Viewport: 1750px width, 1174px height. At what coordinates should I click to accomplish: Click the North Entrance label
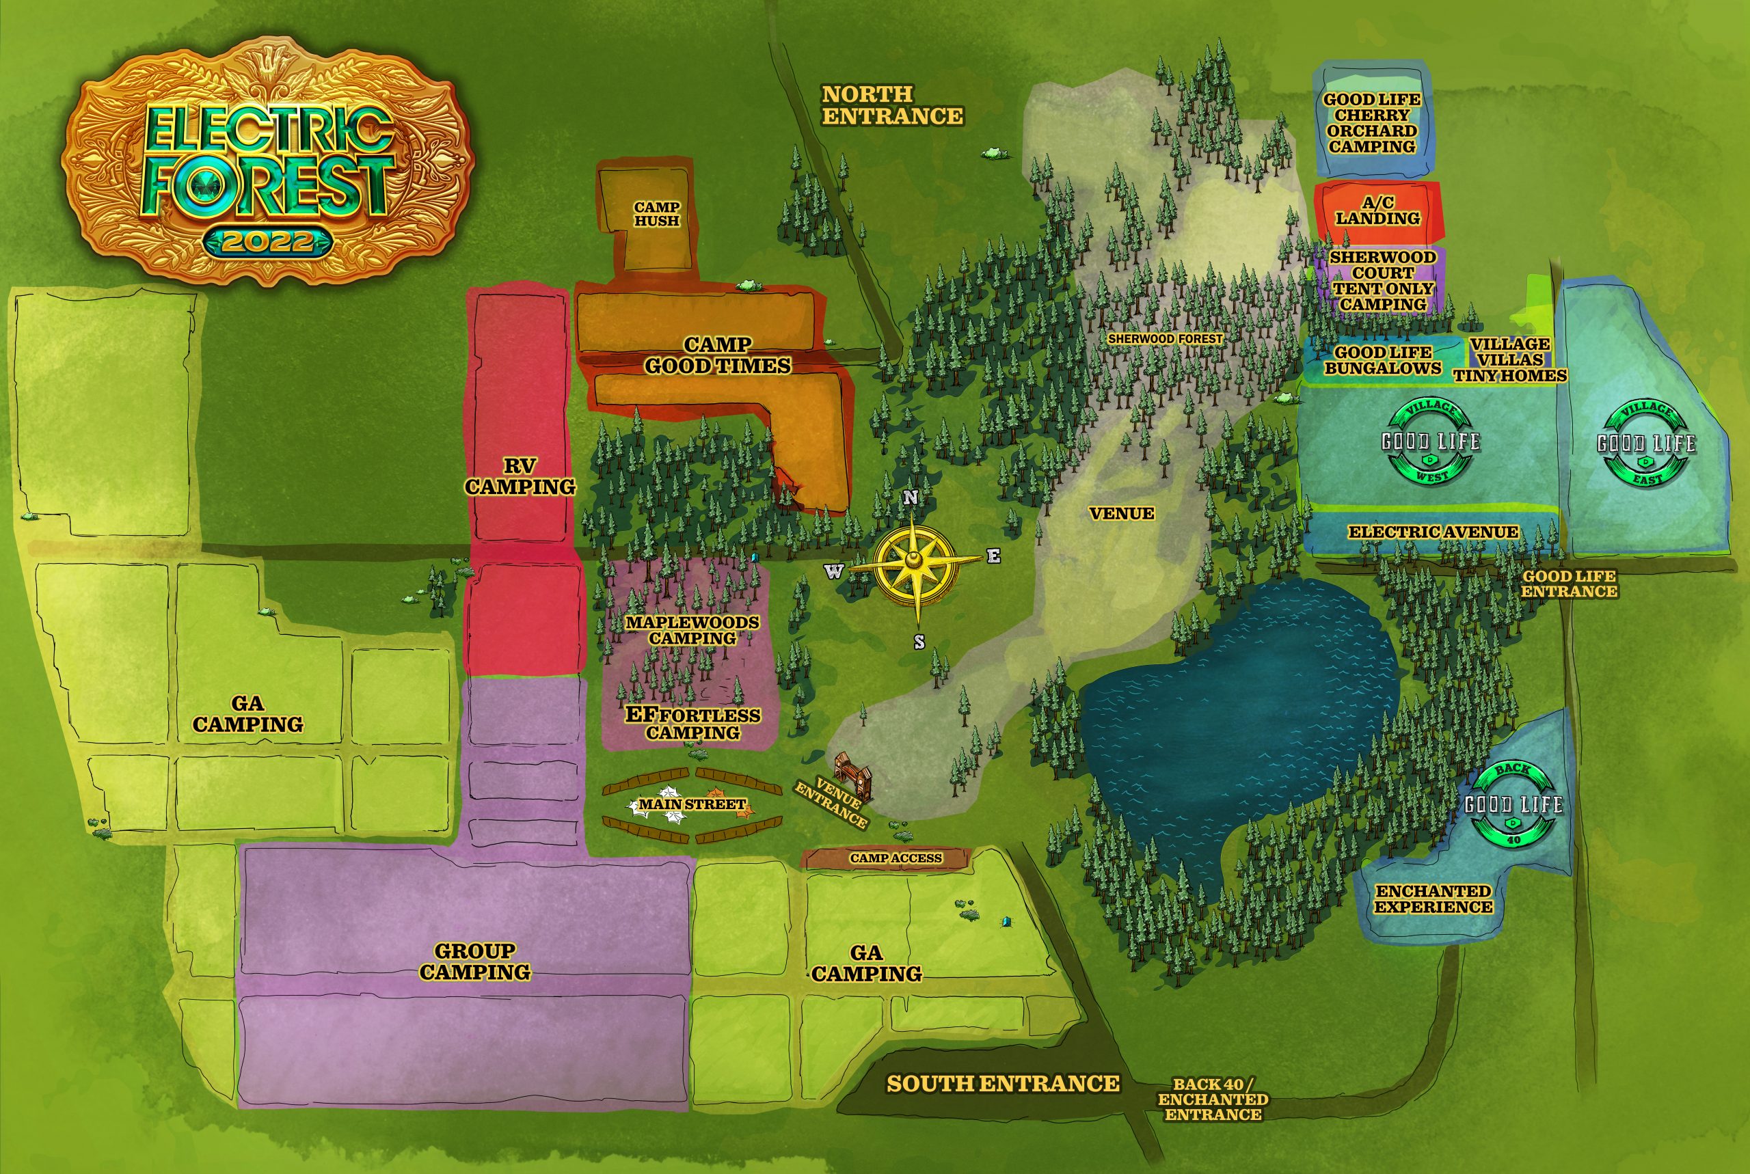892,105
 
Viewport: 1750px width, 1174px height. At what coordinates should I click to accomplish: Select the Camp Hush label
657,213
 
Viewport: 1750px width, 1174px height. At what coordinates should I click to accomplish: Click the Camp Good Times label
717,355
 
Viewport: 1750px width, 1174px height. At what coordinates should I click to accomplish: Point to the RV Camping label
520,476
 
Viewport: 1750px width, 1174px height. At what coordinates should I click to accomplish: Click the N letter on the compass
911,498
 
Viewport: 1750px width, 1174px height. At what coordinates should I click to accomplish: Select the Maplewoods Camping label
692,629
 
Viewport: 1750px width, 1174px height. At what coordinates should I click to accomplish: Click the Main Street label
692,805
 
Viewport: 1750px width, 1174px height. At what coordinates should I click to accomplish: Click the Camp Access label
896,858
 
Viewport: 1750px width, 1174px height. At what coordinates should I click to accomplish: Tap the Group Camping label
474,961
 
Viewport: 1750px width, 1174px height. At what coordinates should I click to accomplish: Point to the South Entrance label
1003,1083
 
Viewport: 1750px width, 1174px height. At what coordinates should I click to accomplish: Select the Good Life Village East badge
1647,443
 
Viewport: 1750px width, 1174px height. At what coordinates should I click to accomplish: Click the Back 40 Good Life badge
1513,805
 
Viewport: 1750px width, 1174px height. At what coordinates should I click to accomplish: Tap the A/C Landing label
1378,210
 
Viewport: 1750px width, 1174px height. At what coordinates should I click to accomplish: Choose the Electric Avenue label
1433,532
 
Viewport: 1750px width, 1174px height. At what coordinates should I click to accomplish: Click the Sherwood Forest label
1165,338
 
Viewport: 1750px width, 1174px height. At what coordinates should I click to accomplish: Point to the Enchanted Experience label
1434,899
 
